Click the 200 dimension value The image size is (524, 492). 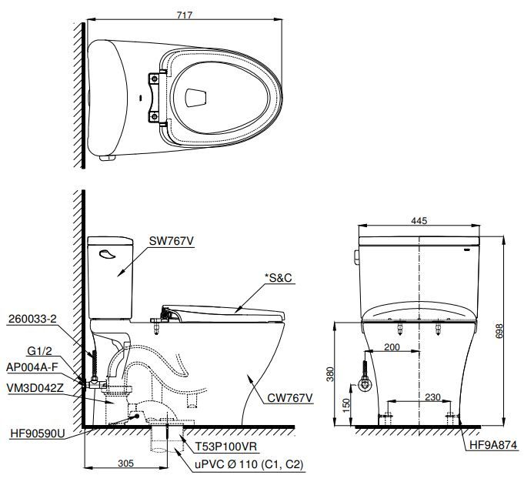coord(392,347)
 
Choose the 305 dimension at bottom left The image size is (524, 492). coord(127,464)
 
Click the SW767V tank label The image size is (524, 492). coord(172,241)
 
